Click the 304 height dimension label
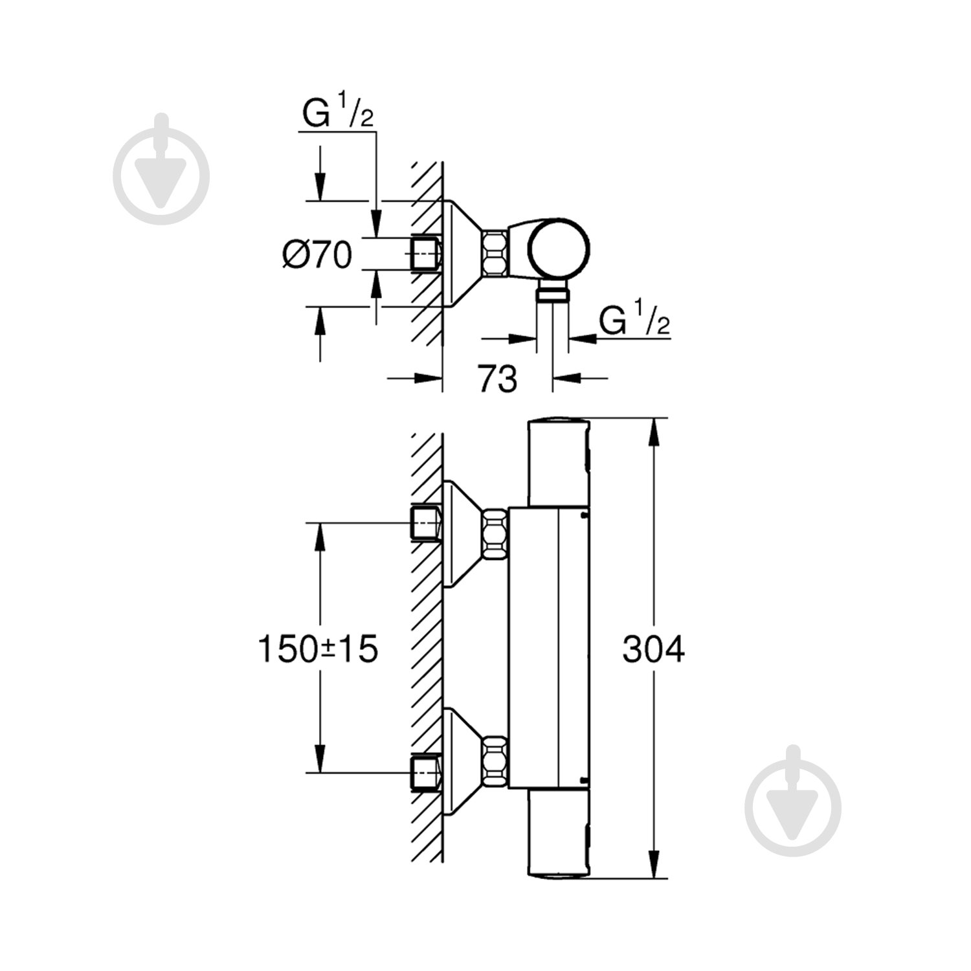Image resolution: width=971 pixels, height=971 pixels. [653, 649]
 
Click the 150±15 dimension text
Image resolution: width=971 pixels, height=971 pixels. [318, 649]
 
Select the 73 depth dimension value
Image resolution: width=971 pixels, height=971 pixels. [497, 379]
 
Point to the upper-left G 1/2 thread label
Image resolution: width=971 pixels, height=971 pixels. [337, 115]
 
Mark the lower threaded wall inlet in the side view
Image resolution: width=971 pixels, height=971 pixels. [426, 772]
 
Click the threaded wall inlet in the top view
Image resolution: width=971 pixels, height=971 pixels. [426, 252]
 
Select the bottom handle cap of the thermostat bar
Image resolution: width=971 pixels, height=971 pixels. [559, 835]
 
